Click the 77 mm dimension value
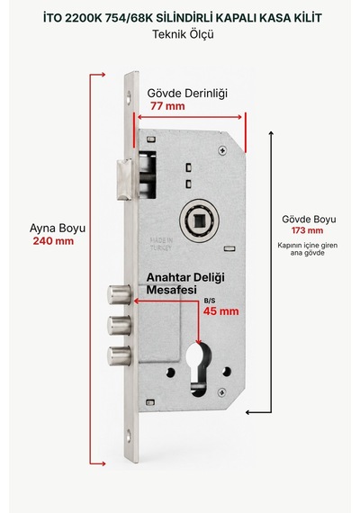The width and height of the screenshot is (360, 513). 167,106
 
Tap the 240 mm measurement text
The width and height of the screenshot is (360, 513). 53,241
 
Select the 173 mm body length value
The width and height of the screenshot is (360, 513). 307,230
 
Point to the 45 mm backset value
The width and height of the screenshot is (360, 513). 220,310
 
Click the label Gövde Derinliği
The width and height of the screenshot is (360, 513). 187,94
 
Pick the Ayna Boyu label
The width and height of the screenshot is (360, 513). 58,229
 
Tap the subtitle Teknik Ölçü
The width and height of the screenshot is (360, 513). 184,34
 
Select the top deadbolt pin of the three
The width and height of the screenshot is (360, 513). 119,295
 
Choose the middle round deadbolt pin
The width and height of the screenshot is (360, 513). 119,325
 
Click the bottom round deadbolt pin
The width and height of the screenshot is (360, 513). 119,355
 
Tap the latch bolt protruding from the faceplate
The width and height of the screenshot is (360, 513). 124,179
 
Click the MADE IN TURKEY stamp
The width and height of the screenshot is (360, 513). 161,244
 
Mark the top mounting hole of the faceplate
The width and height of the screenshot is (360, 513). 129,97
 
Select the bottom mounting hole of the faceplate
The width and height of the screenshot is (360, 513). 129,436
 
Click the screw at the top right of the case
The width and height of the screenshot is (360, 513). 222,150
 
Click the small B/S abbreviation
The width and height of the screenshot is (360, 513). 210,301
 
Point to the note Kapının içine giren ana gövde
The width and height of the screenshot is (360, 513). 307,249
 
